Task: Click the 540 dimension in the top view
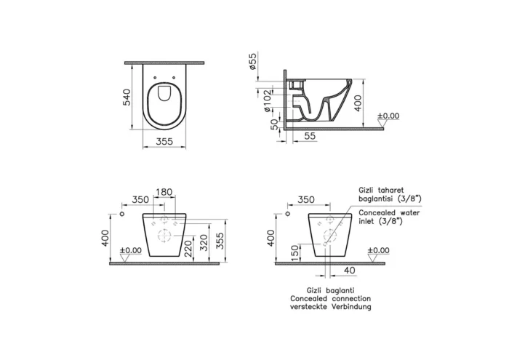pos(127,97)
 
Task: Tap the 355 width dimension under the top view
pos(164,142)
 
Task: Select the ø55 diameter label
pos(252,60)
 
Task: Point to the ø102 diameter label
pos(267,101)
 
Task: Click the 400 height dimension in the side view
pos(358,103)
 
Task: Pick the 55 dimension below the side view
pos(310,136)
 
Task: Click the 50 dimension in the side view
pos(275,124)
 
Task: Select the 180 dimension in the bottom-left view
pos(164,192)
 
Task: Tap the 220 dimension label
pos(188,249)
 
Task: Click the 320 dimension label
pos(203,241)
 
